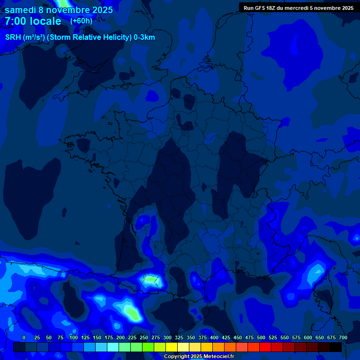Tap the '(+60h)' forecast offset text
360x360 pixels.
coord(81,21)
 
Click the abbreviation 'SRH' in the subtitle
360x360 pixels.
coord(13,37)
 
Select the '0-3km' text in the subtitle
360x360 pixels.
coord(144,37)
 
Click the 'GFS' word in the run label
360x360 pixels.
coord(259,8)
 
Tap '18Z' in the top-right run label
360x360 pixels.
coord(271,8)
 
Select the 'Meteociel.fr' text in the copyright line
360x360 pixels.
coord(218,357)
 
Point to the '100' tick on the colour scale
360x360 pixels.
coord(73,337)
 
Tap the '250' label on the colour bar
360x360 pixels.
coord(143,337)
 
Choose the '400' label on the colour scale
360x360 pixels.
coord(214,337)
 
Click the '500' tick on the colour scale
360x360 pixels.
coord(261,337)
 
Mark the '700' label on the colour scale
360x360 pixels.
coord(343,337)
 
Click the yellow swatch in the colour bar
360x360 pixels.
coord(172,347)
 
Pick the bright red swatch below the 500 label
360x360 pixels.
coord(265,347)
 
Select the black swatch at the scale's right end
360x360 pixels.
coord(336,347)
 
